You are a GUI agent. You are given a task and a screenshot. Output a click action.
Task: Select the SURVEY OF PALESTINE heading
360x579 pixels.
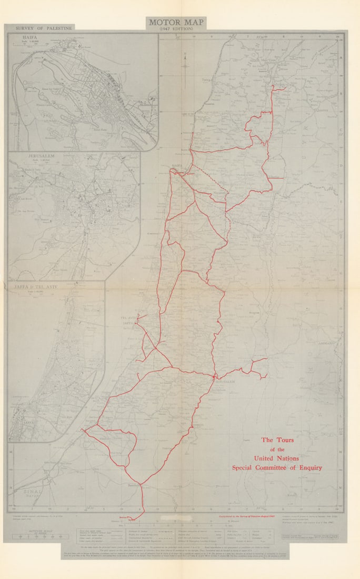tap(44, 27)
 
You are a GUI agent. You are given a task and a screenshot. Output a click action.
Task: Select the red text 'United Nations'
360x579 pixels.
tap(277, 458)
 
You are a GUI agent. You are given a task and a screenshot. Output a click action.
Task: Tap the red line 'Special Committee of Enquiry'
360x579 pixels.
tap(277, 467)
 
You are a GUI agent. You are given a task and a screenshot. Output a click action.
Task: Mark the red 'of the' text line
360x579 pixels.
tap(277, 450)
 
